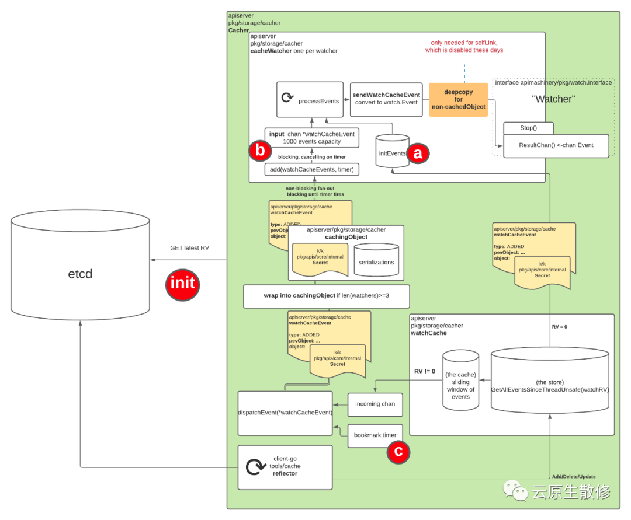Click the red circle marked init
tap(183, 284)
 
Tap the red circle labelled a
tap(417, 153)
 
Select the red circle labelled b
tap(259, 151)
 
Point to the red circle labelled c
tap(398, 452)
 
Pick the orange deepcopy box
tap(459, 100)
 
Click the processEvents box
tap(310, 99)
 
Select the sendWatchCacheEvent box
tap(386, 99)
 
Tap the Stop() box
tap(529, 127)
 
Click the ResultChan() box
tap(556, 145)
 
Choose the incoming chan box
tap(375, 404)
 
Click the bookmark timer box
tap(375, 435)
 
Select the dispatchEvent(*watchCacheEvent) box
tap(285, 413)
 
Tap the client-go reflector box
tap(285, 467)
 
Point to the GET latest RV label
tap(189, 248)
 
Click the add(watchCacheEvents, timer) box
tap(312, 169)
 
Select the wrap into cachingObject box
tap(326, 296)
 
